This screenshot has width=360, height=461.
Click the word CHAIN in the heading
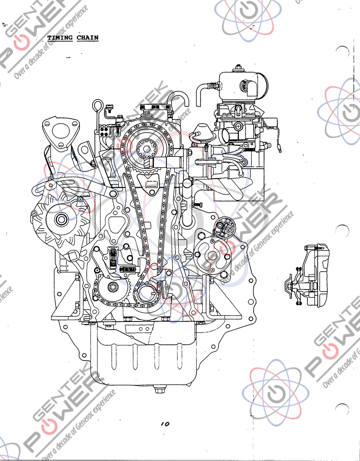coord(88,38)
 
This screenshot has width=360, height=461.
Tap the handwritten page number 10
coord(165,424)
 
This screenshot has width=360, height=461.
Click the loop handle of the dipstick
coord(97,104)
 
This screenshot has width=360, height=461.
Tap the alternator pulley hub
coord(61,220)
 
